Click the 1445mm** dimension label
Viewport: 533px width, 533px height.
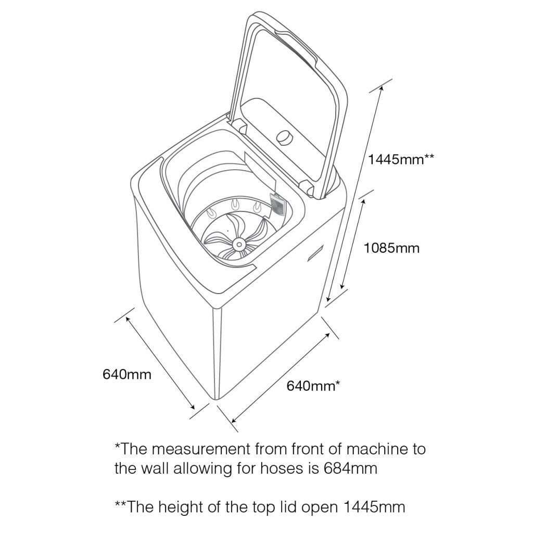401,159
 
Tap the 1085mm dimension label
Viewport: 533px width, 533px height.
391,248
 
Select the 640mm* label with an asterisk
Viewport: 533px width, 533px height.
313,386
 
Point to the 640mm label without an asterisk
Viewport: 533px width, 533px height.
127,374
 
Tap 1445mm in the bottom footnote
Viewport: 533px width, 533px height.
374,507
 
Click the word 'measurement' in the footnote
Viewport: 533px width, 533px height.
200,449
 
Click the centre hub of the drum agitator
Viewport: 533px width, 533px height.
239,244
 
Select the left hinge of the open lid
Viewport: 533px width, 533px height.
240,126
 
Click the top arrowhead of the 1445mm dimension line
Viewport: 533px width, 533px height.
382,87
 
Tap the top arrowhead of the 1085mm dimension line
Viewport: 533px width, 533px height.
363,201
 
